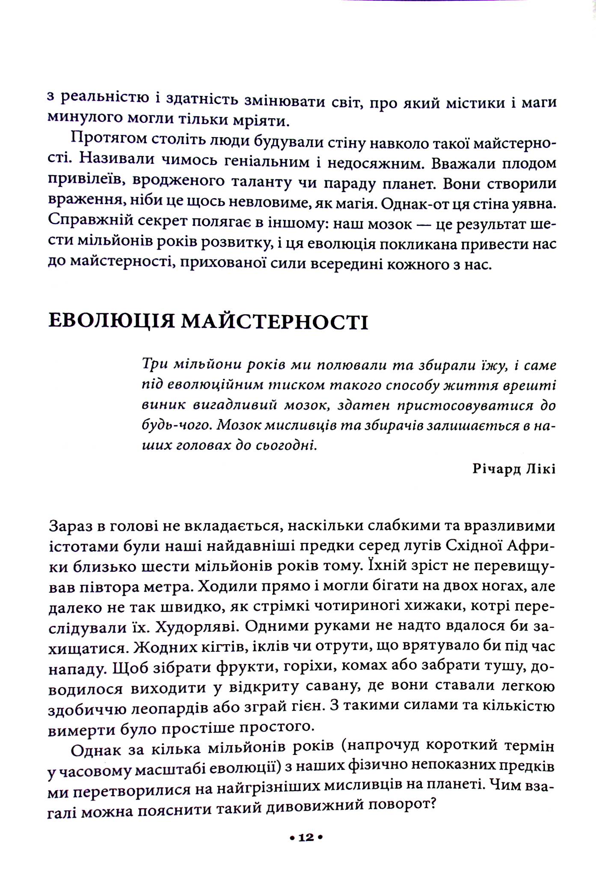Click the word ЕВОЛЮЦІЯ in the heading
coord(112,321)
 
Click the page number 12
coord(306,837)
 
